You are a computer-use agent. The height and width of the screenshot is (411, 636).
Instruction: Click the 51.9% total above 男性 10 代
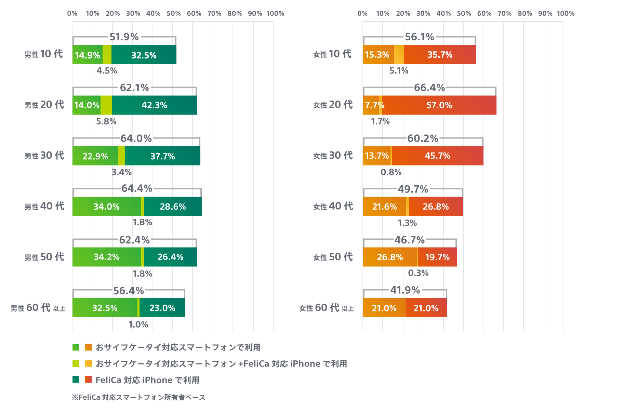pyautogui.click(x=124, y=37)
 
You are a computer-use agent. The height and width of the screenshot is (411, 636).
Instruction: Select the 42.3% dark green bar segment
pyautogui.click(x=154, y=105)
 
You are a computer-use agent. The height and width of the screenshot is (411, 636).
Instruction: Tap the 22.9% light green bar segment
pyautogui.click(x=95, y=156)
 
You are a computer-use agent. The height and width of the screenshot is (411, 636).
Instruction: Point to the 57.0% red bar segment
pyautogui.click(x=439, y=105)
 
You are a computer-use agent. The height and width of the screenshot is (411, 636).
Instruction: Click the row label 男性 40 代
pyautogui.click(x=44, y=206)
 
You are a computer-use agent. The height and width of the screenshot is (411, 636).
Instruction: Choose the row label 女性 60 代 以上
pyautogui.click(x=327, y=308)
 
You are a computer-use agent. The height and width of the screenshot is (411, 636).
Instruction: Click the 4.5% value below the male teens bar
pyautogui.click(x=107, y=71)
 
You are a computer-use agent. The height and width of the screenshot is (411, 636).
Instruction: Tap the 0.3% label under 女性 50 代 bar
pyautogui.click(x=418, y=273)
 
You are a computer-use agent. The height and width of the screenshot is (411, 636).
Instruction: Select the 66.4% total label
pyautogui.click(x=429, y=88)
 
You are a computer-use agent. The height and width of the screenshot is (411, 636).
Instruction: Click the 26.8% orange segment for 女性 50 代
pyautogui.click(x=390, y=257)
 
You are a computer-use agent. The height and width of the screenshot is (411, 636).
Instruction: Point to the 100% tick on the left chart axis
pyautogui.click(x=275, y=14)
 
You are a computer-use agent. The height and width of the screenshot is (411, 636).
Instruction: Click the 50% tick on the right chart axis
pyautogui.click(x=464, y=14)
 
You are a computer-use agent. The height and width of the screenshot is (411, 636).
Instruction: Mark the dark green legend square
pyautogui.click(x=76, y=380)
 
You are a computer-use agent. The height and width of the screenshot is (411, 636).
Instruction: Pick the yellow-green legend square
pyautogui.click(x=76, y=363)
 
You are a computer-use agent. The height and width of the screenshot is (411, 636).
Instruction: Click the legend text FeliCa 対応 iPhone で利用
pyautogui.click(x=147, y=380)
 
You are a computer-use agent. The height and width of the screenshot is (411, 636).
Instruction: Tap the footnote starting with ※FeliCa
pyautogui.click(x=138, y=397)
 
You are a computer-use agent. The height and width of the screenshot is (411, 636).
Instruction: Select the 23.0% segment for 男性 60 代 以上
pyautogui.click(x=162, y=308)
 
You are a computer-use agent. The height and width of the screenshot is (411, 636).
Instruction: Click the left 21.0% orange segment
pyautogui.click(x=384, y=308)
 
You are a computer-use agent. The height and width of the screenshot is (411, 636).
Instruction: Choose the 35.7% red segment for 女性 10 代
pyautogui.click(x=440, y=55)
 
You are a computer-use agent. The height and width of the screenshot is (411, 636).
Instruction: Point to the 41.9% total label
pyautogui.click(x=405, y=290)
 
